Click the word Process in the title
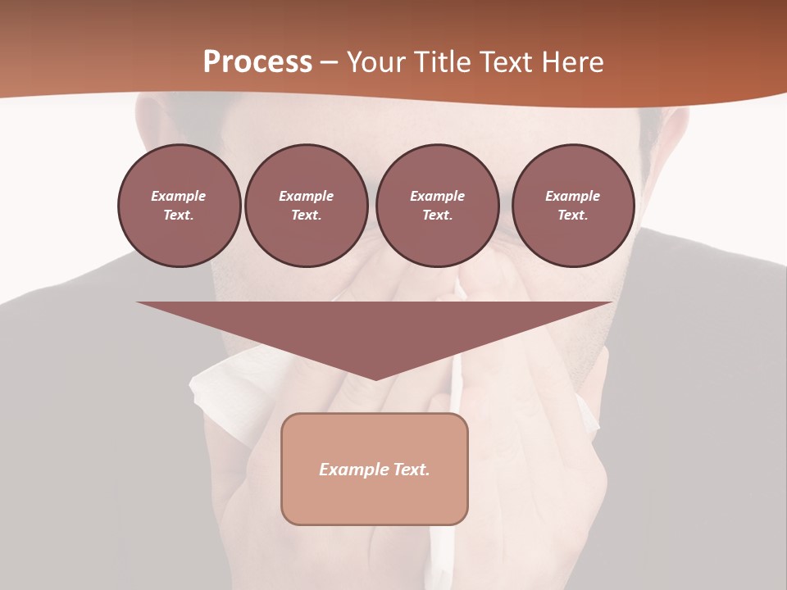click(x=257, y=62)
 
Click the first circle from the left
click(x=179, y=205)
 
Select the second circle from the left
click(x=306, y=205)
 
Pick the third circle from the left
click(x=437, y=205)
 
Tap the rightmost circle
click(x=572, y=205)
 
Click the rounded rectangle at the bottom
click(x=374, y=492)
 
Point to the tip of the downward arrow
click(x=375, y=379)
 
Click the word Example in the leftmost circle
click(x=179, y=196)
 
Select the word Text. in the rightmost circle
click(x=572, y=215)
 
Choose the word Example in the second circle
click(x=306, y=196)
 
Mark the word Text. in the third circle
click(x=437, y=215)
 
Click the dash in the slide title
click(x=329, y=62)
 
